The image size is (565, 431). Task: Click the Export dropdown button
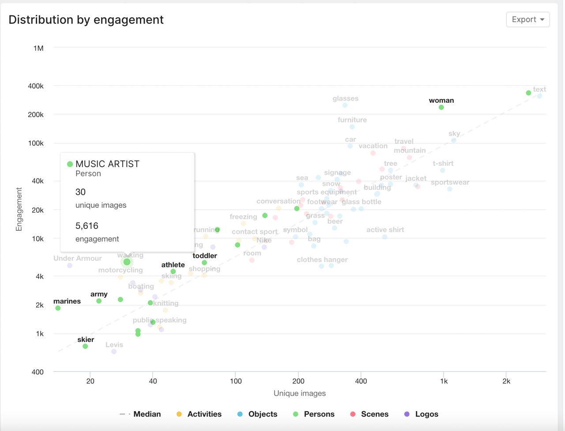click(x=527, y=19)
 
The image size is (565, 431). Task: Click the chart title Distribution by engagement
click(x=86, y=20)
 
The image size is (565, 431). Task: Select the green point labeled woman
click(x=441, y=107)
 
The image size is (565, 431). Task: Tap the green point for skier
click(x=85, y=346)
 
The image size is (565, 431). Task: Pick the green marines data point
click(x=58, y=308)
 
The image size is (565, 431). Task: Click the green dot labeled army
click(x=99, y=301)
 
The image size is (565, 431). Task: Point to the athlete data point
click(x=173, y=272)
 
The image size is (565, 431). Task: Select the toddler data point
click(x=204, y=262)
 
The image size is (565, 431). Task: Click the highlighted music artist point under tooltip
click(x=127, y=262)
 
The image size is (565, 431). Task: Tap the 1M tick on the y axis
click(x=38, y=48)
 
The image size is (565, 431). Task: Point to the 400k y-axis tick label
click(x=36, y=86)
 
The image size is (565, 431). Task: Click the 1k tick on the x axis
click(x=444, y=381)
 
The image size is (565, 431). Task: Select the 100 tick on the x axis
click(x=236, y=381)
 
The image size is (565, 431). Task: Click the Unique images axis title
click(x=299, y=393)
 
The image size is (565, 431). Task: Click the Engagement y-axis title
click(x=19, y=209)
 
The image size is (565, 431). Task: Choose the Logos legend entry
click(x=422, y=414)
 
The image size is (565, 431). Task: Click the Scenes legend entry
click(x=369, y=414)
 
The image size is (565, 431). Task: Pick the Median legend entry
click(x=141, y=414)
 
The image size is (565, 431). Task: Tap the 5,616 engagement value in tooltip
click(x=87, y=226)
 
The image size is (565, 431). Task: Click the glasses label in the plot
click(x=345, y=98)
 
